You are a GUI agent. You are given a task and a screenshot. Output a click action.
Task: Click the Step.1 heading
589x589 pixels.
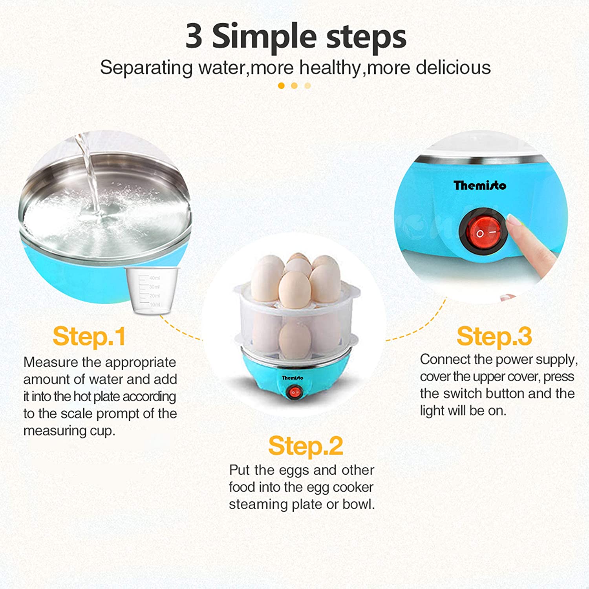click(x=89, y=337)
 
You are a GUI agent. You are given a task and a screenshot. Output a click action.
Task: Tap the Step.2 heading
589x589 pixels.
click(x=305, y=446)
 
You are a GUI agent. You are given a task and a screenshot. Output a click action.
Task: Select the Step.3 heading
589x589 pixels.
click(x=494, y=337)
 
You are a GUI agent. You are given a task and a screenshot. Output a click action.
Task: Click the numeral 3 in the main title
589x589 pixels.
click(x=194, y=36)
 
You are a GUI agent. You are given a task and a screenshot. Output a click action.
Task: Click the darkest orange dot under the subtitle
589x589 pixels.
click(x=281, y=86)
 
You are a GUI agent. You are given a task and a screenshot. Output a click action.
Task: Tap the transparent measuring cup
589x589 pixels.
click(x=152, y=291)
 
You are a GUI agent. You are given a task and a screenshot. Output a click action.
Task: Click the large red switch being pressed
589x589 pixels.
click(x=484, y=231)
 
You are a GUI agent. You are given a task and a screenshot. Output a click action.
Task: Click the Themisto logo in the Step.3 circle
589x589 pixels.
click(x=480, y=185)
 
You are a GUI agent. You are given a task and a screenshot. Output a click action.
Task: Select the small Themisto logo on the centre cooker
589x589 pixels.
click(x=293, y=378)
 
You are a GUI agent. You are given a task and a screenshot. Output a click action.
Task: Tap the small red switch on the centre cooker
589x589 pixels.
click(x=294, y=392)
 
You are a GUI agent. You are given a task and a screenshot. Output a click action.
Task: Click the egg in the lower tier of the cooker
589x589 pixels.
click(x=294, y=338)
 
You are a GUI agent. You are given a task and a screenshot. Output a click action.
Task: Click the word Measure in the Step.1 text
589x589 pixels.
click(x=50, y=362)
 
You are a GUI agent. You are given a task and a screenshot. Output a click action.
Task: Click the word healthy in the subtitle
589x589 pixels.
click(x=330, y=68)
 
